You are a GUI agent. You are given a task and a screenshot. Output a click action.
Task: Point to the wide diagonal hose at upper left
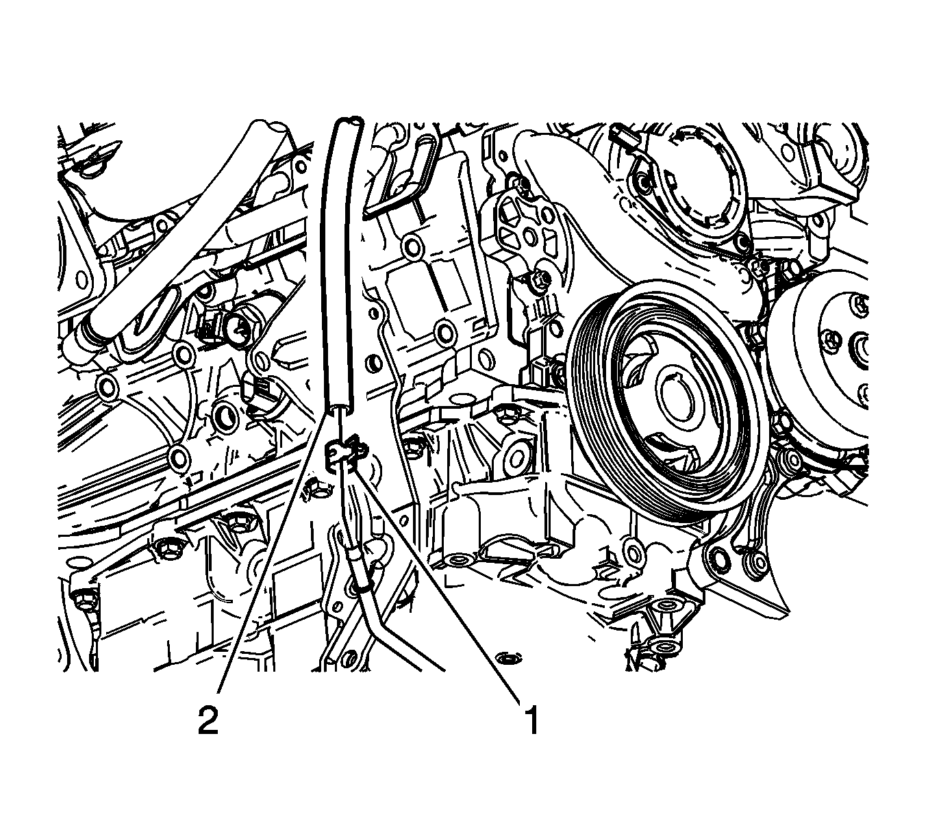point(185,236)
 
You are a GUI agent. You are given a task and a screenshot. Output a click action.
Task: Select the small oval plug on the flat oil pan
point(508,657)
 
